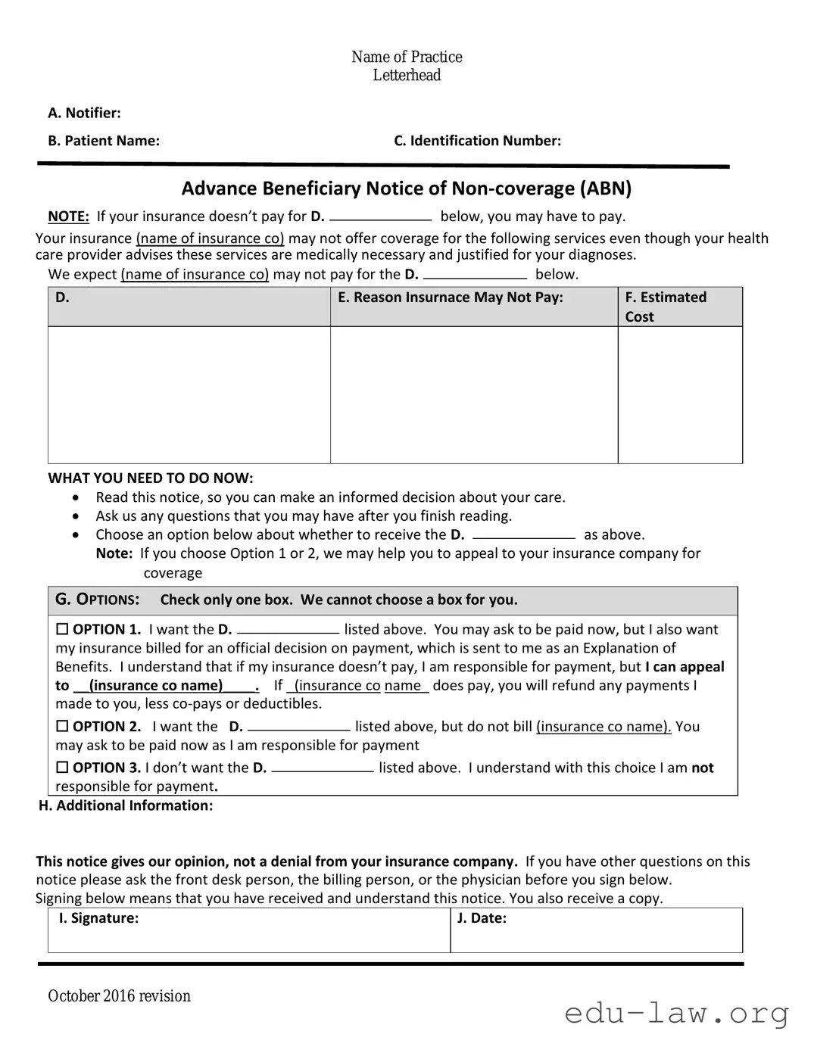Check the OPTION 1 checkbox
pos(62,629)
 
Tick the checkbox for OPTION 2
pos(62,726)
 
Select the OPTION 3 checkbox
pos(62,768)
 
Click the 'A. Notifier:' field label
pos(84,113)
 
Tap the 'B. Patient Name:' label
pos(104,141)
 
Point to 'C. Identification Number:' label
pos(477,141)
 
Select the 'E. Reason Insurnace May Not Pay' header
pos(451,298)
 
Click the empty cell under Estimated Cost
pos(679,394)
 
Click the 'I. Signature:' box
pos(248,930)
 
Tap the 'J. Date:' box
pos(596,930)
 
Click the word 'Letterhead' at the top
pos(407,75)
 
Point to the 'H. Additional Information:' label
pos(126,805)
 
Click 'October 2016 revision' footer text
pos(119,996)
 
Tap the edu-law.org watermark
pos(676,1013)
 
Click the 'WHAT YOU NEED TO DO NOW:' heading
pos(151,478)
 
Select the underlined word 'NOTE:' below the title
pos(68,217)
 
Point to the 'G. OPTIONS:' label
pos(97,600)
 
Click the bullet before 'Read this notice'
pos(75,498)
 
